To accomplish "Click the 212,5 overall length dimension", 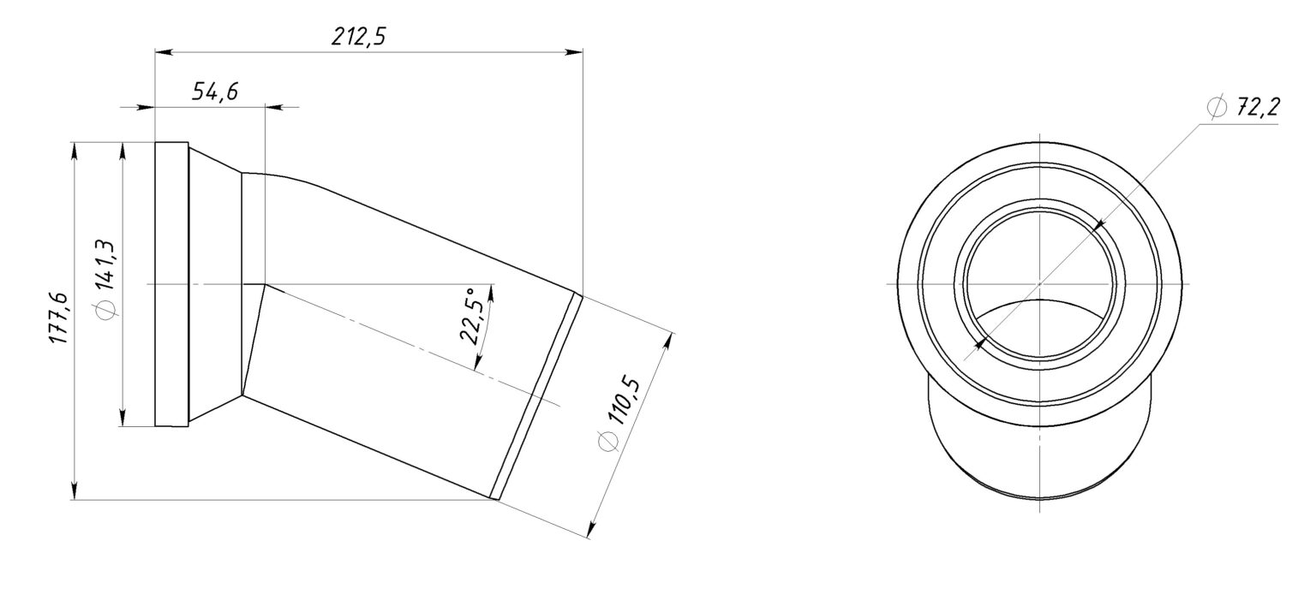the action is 358,37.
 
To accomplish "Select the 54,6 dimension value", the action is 215,92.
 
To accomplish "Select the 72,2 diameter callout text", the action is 1258,108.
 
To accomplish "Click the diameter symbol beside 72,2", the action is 1217,107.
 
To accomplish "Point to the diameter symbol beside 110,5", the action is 607,442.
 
